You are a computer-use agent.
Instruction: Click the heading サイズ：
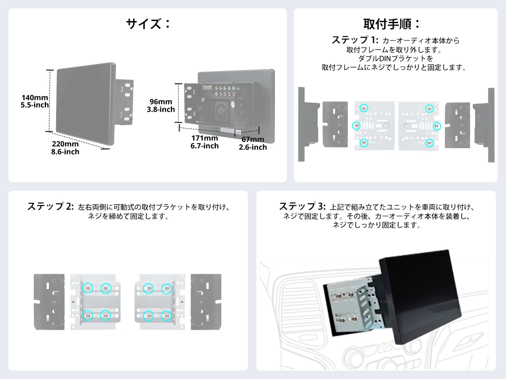pos(148,24)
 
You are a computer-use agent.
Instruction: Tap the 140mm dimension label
pos(35,98)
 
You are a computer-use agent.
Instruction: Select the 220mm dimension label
pos(65,144)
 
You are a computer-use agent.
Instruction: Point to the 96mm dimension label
pos(161,102)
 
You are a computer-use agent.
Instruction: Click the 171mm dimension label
pos(205,138)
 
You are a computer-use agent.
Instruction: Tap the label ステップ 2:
pos(51,207)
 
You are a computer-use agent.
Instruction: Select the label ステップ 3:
pos(302,207)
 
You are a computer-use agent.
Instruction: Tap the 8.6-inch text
pos(65,152)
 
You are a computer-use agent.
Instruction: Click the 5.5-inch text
pos(35,105)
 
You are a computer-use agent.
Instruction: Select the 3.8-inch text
pos(161,109)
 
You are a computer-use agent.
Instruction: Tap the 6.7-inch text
pos(205,146)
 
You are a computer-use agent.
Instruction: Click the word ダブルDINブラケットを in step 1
pos(396,59)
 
